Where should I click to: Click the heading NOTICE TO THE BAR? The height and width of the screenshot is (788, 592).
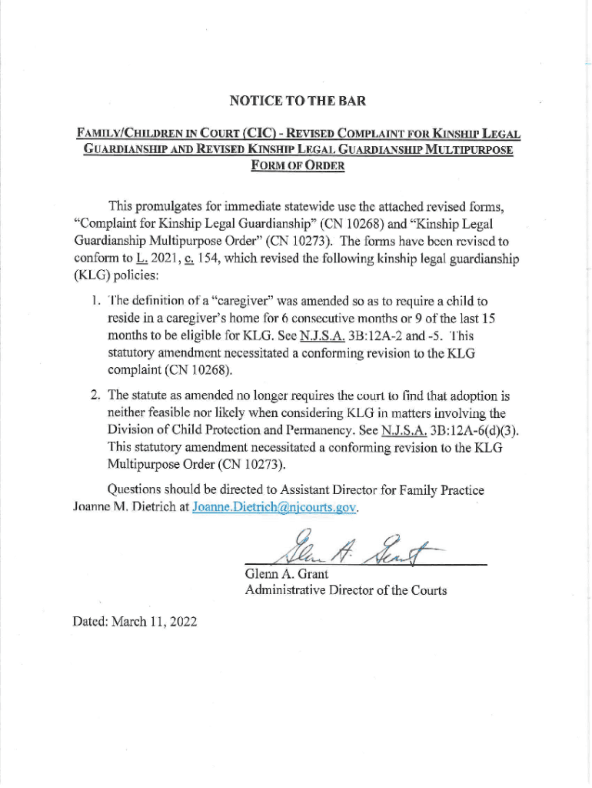tap(298, 101)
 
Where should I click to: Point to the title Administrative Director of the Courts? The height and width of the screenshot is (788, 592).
tap(346, 591)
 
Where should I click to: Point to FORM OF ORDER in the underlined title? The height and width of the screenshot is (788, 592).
tap(298, 166)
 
